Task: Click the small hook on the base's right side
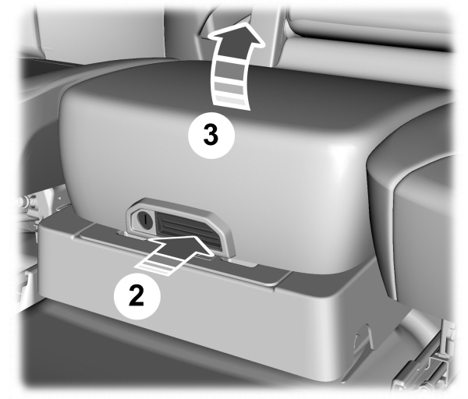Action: pos(360,336)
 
